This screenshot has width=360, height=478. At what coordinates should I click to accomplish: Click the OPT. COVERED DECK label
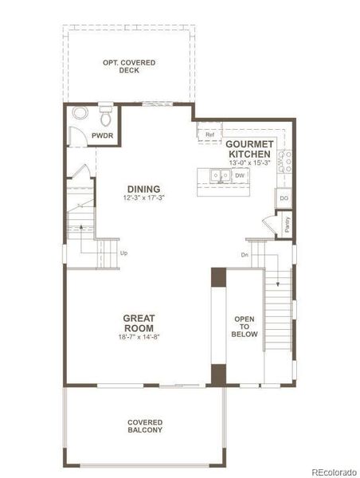[129, 66]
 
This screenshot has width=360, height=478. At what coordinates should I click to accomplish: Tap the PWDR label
[102, 136]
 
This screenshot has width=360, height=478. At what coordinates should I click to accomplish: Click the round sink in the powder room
[79, 113]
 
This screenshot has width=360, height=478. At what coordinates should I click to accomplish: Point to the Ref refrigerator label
[210, 135]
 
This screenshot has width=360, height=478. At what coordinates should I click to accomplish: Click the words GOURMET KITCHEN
[250, 149]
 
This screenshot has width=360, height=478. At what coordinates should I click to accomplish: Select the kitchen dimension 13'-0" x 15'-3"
[250, 163]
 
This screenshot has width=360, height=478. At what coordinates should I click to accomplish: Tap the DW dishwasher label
[239, 175]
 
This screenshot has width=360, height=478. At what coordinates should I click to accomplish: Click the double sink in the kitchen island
[217, 175]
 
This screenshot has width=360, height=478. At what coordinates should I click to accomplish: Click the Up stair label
[123, 253]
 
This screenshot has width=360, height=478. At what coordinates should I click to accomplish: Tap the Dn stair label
[245, 255]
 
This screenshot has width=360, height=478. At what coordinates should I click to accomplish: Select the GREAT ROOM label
[139, 323]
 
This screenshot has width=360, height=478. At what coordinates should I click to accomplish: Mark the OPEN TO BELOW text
[245, 327]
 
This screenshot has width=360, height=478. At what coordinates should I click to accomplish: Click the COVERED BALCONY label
[145, 426]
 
